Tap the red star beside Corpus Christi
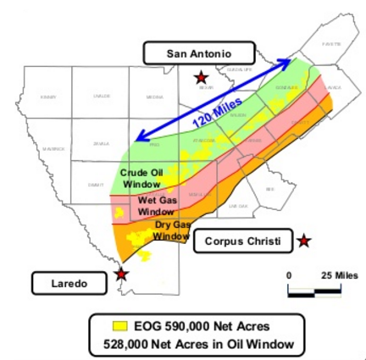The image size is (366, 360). click(x=304, y=241)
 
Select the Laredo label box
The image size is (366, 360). click(x=64, y=282)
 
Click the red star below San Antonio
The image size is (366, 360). click(x=201, y=76)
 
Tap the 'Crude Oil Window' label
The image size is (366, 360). click(x=141, y=178)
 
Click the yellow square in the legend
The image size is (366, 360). click(x=120, y=326)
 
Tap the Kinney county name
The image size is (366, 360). click(x=48, y=97)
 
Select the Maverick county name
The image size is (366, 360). click(x=53, y=149)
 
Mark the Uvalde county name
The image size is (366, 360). click(x=102, y=97)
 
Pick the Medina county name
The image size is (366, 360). click(x=155, y=97)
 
